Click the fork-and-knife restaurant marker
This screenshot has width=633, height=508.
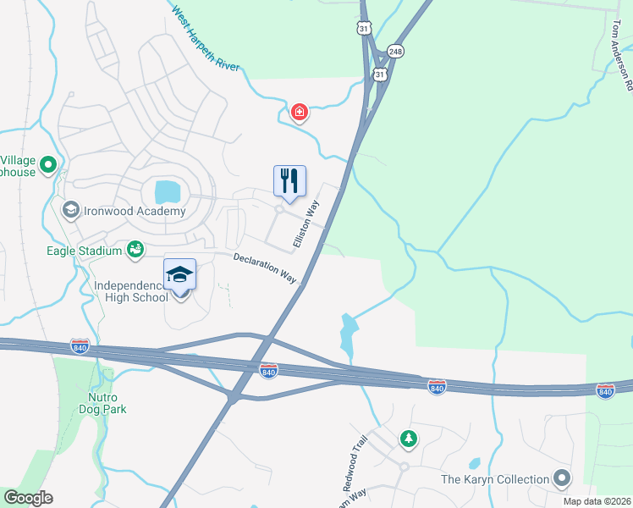click(289, 181)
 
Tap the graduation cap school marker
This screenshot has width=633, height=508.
click(179, 275)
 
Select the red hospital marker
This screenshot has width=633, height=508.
click(299, 113)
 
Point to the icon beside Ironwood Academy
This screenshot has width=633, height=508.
click(70, 208)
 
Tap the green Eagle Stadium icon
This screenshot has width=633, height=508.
click(135, 248)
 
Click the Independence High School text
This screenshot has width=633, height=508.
click(132, 291)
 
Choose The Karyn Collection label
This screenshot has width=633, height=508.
click(495, 479)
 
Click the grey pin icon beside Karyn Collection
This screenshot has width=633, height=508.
click(561, 479)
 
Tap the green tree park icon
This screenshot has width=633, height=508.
click(409, 438)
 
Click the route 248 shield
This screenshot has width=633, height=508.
click(395, 52)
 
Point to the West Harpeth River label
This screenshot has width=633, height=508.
click(206, 39)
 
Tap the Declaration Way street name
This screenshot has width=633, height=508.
click(265, 268)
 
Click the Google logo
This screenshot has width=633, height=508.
click(28, 498)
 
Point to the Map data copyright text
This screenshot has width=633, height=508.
click(597, 501)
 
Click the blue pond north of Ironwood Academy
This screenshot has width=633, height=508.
click(168, 190)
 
